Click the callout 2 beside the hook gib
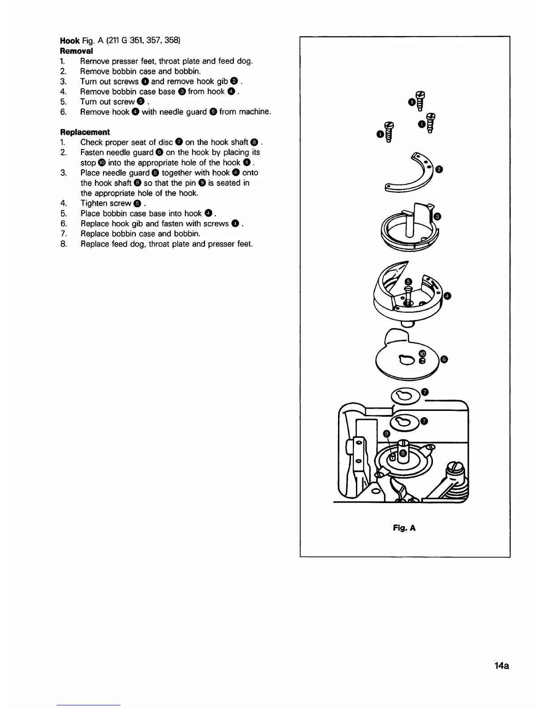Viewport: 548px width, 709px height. click(439, 169)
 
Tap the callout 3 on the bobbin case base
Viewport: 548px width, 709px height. click(438, 217)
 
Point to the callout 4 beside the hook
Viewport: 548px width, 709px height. click(447, 295)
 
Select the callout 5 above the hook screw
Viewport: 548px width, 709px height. click(407, 282)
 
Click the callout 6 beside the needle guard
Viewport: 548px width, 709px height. click(445, 359)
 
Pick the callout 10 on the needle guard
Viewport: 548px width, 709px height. click(422, 353)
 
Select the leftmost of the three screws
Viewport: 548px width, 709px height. click(389, 132)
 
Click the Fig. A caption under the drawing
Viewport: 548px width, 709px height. click(404, 528)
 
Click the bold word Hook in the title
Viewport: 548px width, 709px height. click(70, 41)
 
